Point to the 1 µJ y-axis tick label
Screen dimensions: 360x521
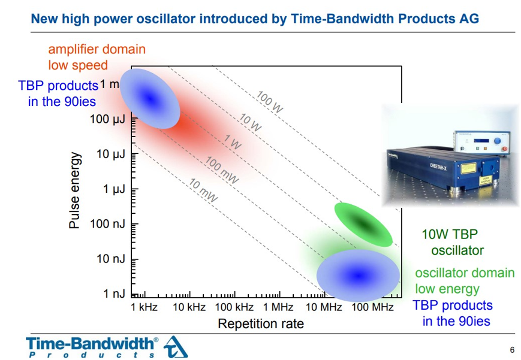[x=113, y=189]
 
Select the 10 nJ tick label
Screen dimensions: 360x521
[x=110, y=259]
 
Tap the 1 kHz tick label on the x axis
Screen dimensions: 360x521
[x=144, y=307]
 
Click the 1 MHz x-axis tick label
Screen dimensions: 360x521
[x=278, y=307]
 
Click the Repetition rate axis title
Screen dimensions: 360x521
[x=260, y=324]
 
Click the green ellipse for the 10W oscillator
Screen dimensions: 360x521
[x=363, y=224]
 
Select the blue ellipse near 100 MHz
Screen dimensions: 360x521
[x=358, y=275]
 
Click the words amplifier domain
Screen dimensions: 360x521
[x=97, y=49]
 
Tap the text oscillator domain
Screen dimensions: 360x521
[x=465, y=273]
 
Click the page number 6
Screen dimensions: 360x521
[x=511, y=350]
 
